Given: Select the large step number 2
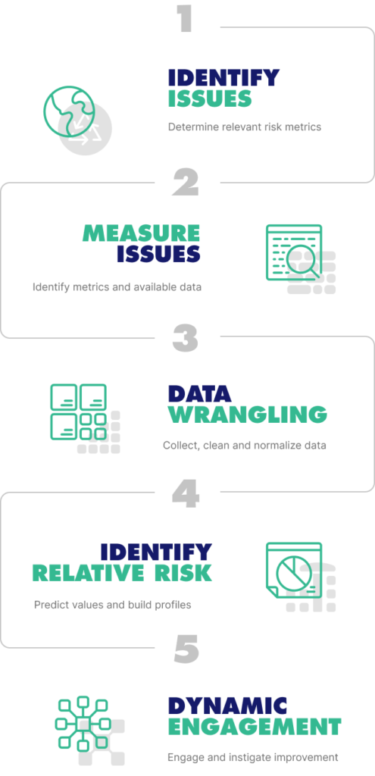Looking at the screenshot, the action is tap(186, 183).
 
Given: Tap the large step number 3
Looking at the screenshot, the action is tap(186, 338).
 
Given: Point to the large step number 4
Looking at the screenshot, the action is tap(186, 493).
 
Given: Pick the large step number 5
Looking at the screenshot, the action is tap(186, 649).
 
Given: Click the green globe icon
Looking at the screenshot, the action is tap(69, 111).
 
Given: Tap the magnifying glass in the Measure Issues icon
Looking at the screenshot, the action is tap(303, 261).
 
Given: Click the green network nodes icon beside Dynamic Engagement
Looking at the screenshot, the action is tap(82, 724).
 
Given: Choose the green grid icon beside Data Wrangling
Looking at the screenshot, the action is tap(78, 411).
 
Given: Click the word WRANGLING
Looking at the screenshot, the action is tap(248, 415).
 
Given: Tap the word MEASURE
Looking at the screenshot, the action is tap(141, 233).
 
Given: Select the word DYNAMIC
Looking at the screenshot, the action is tap(227, 706).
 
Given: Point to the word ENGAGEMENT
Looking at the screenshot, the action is tap(255, 727).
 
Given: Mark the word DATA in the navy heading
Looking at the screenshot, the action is tap(199, 394).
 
